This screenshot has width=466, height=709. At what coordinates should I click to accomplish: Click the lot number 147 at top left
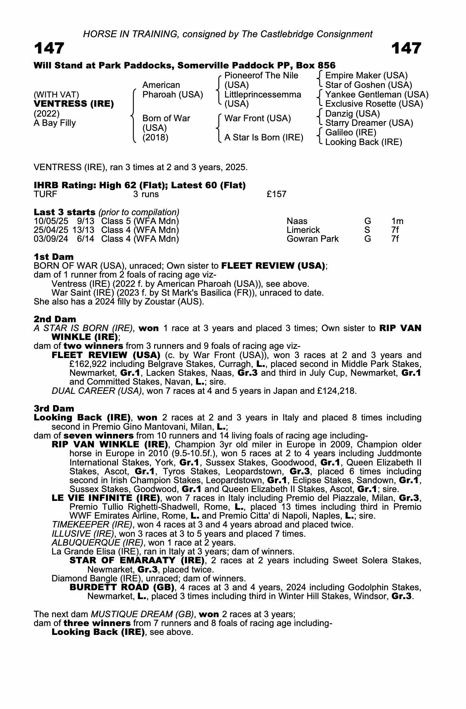pyautogui.click(x=49, y=48)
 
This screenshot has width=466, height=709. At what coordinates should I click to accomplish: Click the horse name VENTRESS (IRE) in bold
pyautogui.click(x=74, y=104)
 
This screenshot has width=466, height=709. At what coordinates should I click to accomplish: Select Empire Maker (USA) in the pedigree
pyautogui.click(x=366, y=76)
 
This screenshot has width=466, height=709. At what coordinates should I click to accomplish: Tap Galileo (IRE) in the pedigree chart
pyautogui.click(x=350, y=133)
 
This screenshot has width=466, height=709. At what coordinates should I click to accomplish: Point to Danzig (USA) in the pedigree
pyautogui.click(x=352, y=113)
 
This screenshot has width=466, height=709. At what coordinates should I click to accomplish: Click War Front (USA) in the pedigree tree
pyautogui.click(x=258, y=118)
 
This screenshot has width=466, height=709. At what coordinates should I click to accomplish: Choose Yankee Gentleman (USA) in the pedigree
pyautogui.click(x=377, y=95)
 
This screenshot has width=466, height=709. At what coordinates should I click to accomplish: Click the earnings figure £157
pyautogui.click(x=276, y=194)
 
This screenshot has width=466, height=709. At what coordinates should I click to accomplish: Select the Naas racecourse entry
pyautogui.click(x=297, y=221)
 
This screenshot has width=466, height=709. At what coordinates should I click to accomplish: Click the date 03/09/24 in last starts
pyautogui.click(x=51, y=239)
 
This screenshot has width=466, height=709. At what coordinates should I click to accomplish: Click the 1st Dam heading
pyautogui.click(x=54, y=257)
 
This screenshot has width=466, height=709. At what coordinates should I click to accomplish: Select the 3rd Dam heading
pyautogui.click(x=54, y=408)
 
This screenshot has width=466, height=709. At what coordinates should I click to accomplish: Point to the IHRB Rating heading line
pyautogui.click(x=140, y=185)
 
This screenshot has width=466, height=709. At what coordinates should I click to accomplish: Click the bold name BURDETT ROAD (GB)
pyautogui.click(x=122, y=587)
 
